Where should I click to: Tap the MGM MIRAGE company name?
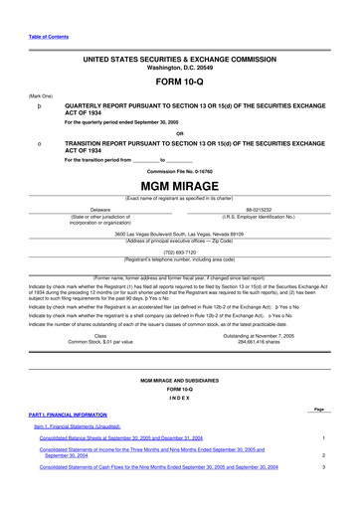coord(179,186)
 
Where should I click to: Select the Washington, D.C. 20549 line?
coord(179,68)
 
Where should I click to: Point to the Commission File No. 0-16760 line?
coord(179,170)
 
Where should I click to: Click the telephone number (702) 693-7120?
coord(179,253)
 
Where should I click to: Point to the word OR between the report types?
coord(179,134)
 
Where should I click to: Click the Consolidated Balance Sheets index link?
coord(134,437)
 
